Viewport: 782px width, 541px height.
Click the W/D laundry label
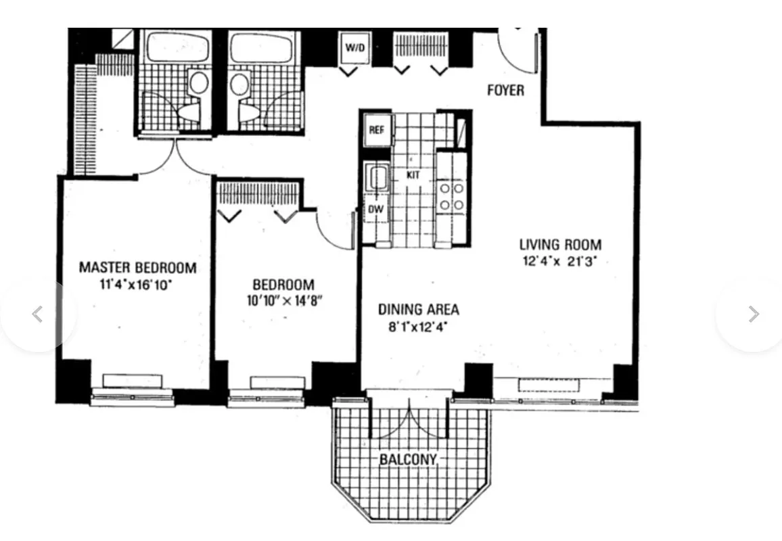(x=354, y=47)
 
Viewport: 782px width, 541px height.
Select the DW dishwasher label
(x=375, y=209)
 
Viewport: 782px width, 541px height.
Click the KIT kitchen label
(x=413, y=174)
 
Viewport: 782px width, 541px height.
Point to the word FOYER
(x=505, y=90)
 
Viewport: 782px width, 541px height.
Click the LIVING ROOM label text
(x=559, y=244)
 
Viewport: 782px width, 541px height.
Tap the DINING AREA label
(x=418, y=310)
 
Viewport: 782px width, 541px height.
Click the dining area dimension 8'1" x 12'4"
(x=418, y=327)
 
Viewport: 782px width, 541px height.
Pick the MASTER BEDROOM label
(x=137, y=267)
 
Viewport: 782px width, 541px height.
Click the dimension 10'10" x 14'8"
(x=283, y=301)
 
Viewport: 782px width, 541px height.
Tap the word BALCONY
(x=408, y=459)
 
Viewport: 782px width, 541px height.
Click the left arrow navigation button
(x=38, y=314)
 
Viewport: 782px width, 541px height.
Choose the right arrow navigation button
(x=753, y=314)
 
